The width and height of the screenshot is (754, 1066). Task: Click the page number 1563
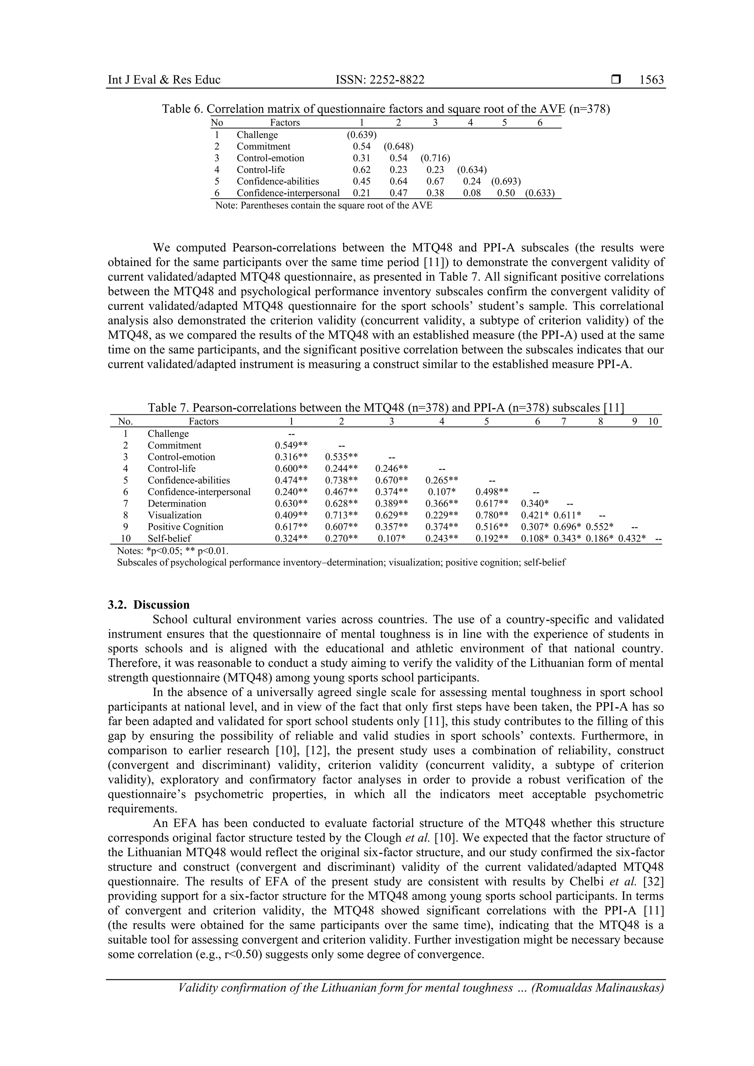point(651,80)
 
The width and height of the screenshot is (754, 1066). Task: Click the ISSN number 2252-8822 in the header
point(380,80)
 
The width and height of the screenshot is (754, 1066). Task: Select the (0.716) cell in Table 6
point(435,158)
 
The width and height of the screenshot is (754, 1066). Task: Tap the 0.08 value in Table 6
point(472,193)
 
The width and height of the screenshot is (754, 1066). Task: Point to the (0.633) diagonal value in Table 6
point(540,193)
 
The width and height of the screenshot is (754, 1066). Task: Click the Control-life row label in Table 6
point(260,170)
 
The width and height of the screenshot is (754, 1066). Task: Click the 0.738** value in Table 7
point(341,481)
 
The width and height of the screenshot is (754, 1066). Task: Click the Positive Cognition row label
point(185,527)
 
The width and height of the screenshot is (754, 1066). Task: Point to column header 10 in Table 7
point(653,422)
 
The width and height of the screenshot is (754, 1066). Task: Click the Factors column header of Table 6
point(285,123)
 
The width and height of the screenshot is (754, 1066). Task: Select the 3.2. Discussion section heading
point(149,605)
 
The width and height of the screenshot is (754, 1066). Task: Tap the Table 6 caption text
point(385,109)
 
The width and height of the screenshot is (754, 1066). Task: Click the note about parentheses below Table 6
point(323,205)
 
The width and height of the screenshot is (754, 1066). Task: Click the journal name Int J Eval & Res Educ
point(164,80)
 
